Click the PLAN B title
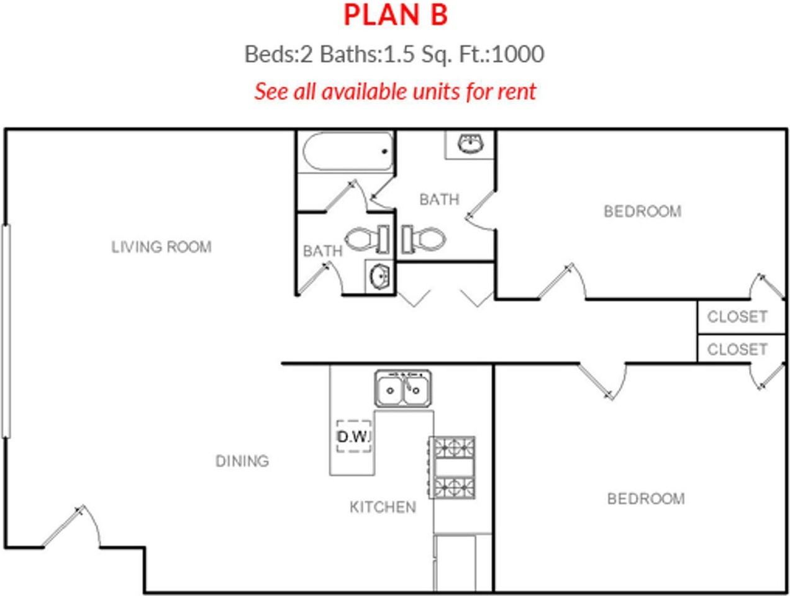(x=396, y=16)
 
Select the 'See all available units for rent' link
(x=395, y=91)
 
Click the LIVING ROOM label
(x=161, y=247)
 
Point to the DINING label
(x=242, y=461)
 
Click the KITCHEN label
(x=383, y=507)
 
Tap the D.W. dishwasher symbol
(x=353, y=436)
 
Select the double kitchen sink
(x=404, y=389)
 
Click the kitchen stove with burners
(x=452, y=467)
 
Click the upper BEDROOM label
(x=642, y=212)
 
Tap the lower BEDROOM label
(x=646, y=499)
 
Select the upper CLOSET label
(x=737, y=317)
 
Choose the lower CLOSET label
(x=737, y=350)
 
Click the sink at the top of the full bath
(x=470, y=145)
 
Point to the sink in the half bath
(x=379, y=275)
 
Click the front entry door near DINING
(x=71, y=528)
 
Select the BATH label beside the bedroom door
(x=439, y=200)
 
